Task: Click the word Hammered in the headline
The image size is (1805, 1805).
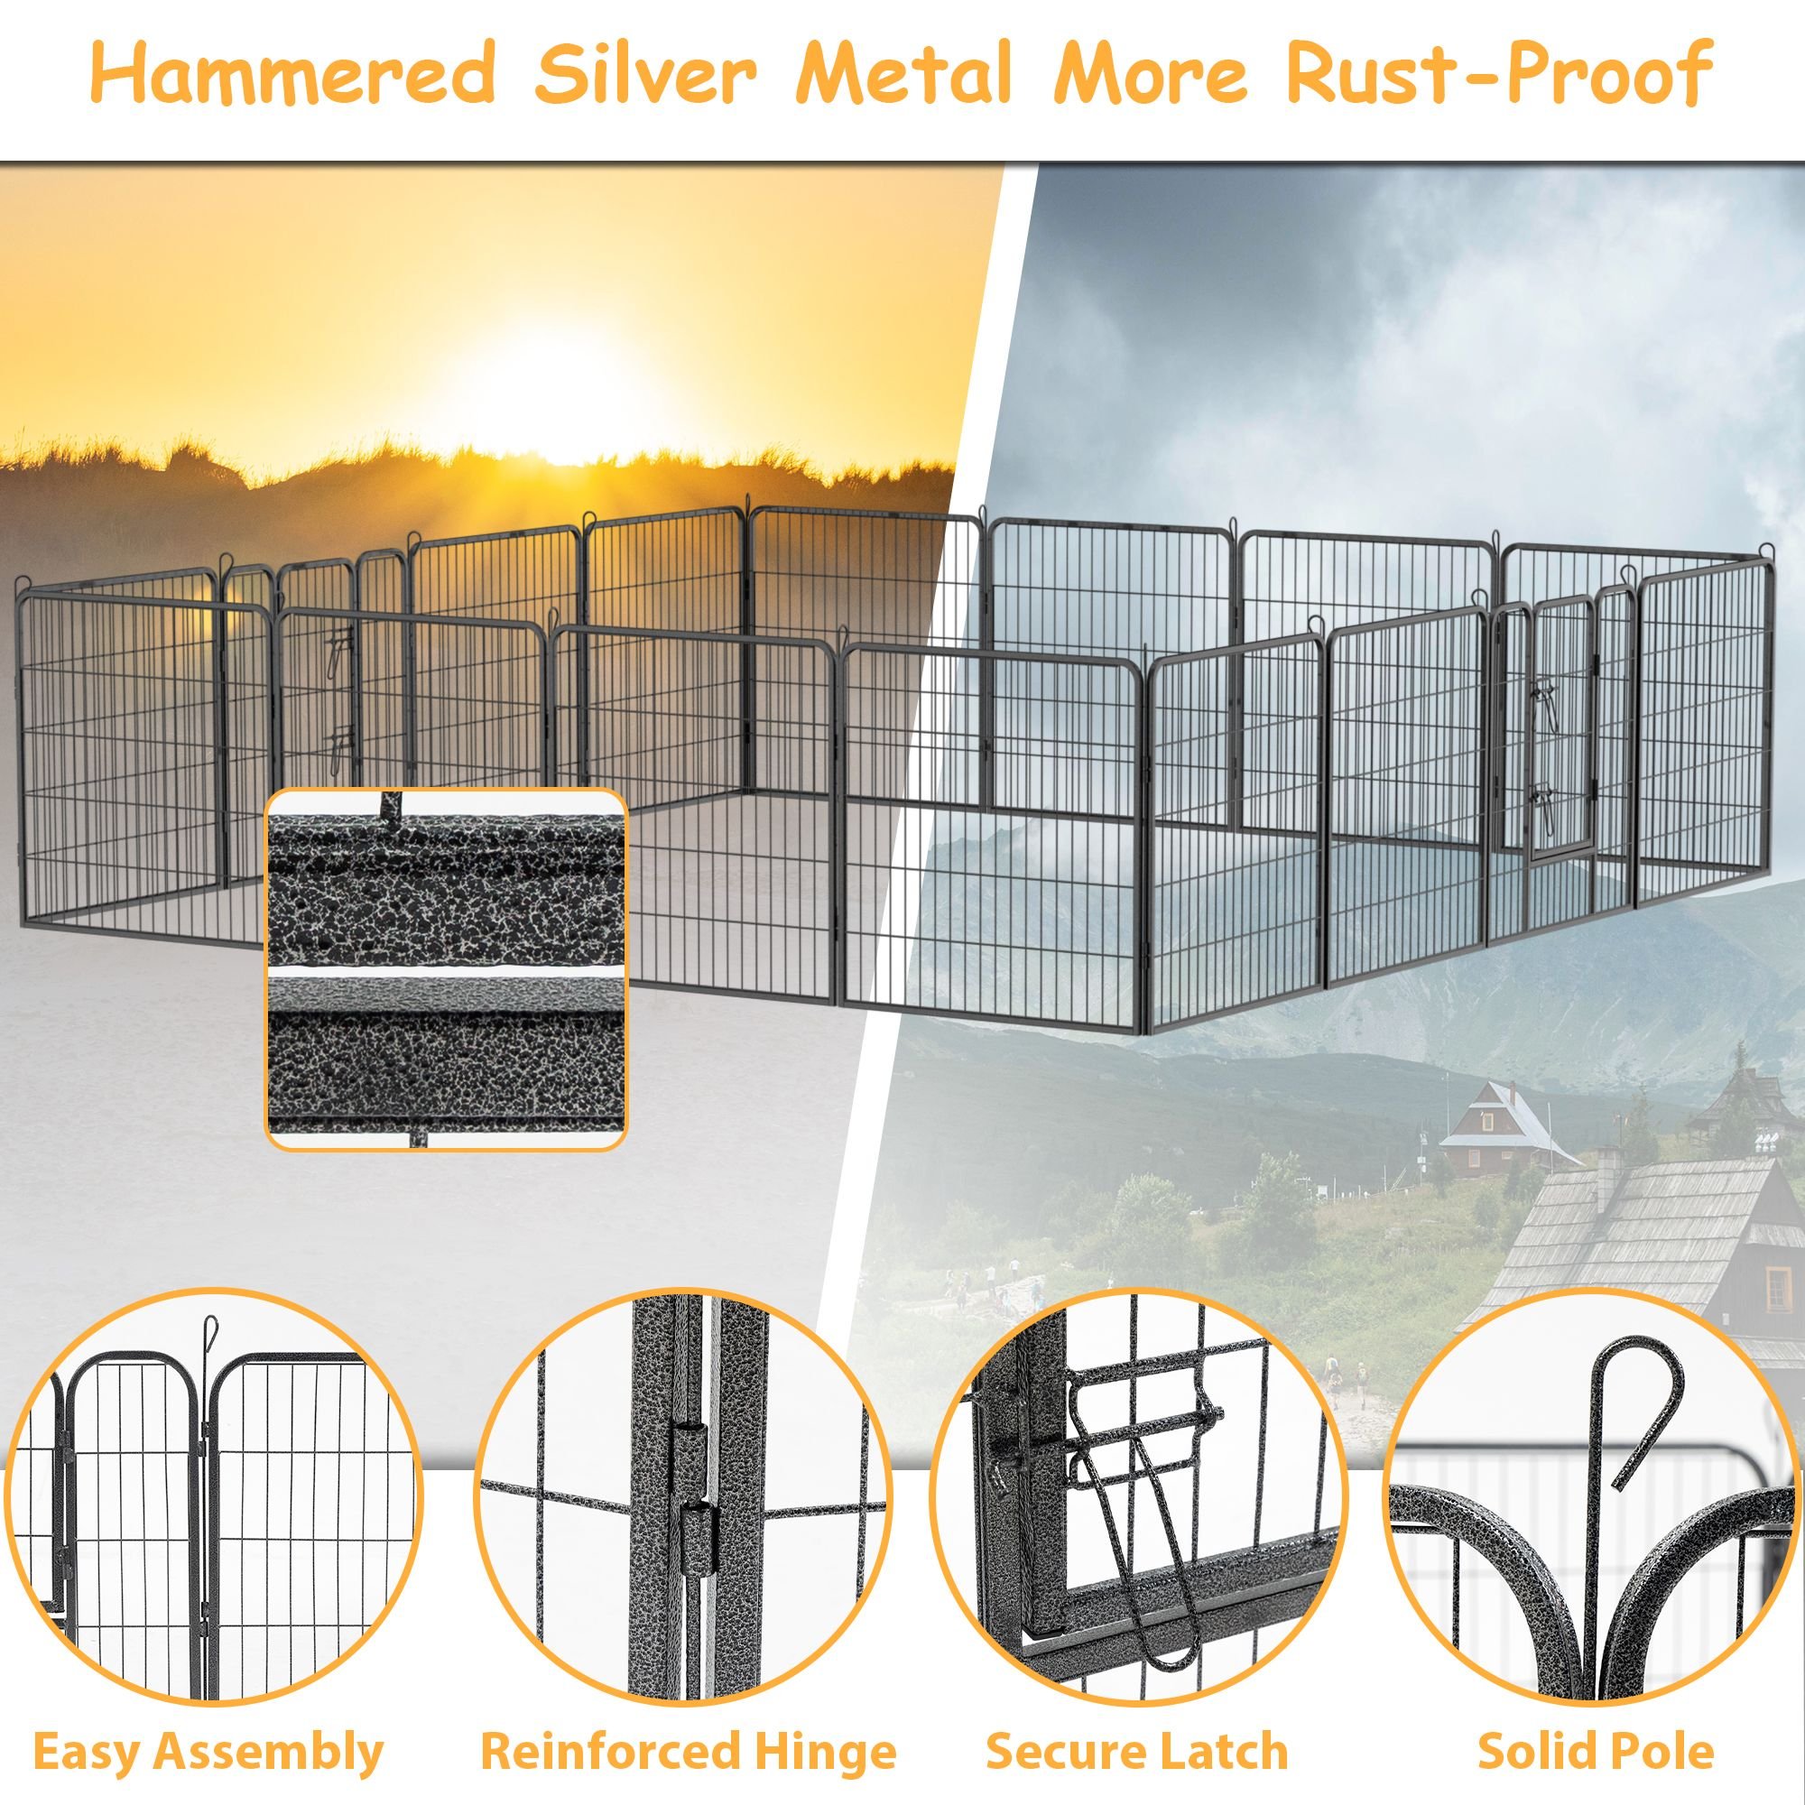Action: [x=292, y=74]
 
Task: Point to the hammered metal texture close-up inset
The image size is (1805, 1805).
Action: [x=447, y=968]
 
